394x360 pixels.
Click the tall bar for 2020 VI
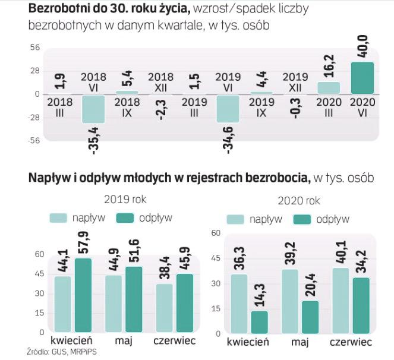tap(363, 78)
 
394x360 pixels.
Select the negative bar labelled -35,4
tap(93, 109)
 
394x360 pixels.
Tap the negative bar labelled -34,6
tap(229, 109)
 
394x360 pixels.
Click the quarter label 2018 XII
tap(161, 81)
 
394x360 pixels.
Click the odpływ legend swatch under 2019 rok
tap(125, 217)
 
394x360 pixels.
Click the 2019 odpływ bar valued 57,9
tap(83, 295)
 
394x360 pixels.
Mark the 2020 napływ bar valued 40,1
tap(340, 300)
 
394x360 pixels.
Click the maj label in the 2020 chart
tap(299, 343)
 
